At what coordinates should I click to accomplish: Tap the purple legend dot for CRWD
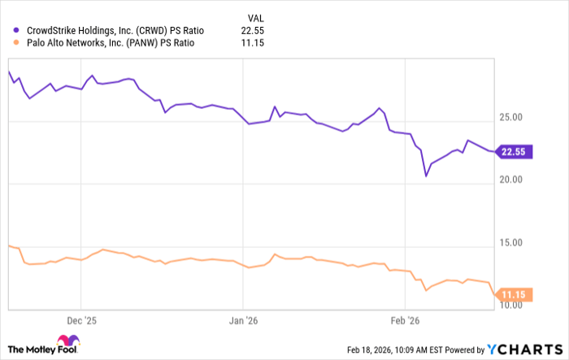[16, 31]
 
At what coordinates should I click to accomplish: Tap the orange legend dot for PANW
[16, 46]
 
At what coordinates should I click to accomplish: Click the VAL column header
[255, 16]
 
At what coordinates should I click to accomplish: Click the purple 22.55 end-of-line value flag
[517, 151]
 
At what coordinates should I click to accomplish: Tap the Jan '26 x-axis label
[244, 320]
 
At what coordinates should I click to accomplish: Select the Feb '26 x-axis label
[404, 320]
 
